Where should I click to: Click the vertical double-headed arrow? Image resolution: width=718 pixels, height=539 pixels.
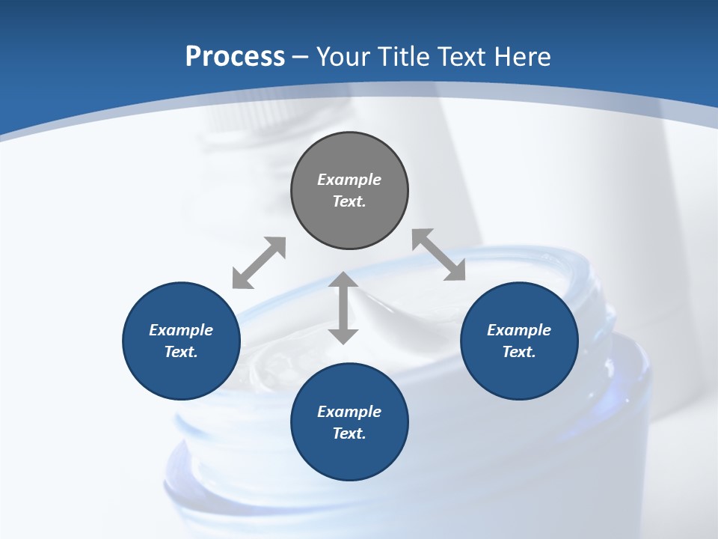(343, 308)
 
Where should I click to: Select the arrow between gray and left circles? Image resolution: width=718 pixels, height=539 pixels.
(259, 263)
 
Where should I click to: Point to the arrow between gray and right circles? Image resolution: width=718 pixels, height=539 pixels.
(438, 255)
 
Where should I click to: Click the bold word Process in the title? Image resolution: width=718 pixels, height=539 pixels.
(235, 56)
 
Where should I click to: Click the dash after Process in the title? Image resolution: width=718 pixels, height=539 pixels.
(301, 58)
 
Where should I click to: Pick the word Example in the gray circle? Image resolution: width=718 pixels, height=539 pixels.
(349, 180)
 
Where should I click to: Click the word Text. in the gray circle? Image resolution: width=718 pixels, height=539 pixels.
(349, 201)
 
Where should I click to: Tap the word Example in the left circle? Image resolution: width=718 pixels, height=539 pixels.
(181, 330)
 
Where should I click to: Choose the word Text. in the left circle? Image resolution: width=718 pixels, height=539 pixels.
(181, 352)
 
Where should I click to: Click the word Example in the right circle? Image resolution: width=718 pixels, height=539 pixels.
(519, 330)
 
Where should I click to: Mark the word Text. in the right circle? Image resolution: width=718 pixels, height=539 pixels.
(519, 352)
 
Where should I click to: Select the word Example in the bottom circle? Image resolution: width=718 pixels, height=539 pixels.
(349, 412)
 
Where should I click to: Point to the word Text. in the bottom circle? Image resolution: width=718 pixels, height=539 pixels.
(349, 433)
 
